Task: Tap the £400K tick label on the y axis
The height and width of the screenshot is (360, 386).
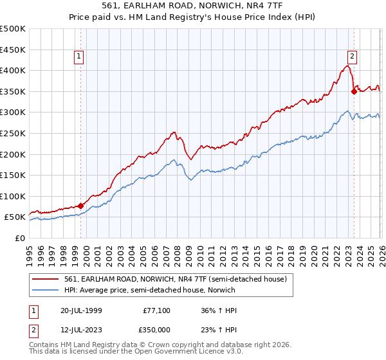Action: click(x=13, y=70)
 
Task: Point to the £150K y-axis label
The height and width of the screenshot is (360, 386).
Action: click(x=13, y=175)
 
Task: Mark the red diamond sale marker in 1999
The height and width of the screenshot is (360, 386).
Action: click(x=80, y=206)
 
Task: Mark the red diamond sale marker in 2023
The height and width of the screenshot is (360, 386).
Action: click(x=354, y=91)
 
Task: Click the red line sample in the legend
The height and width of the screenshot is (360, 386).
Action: click(x=46, y=278)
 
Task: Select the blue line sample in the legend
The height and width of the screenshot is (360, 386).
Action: click(x=46, y=290)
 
